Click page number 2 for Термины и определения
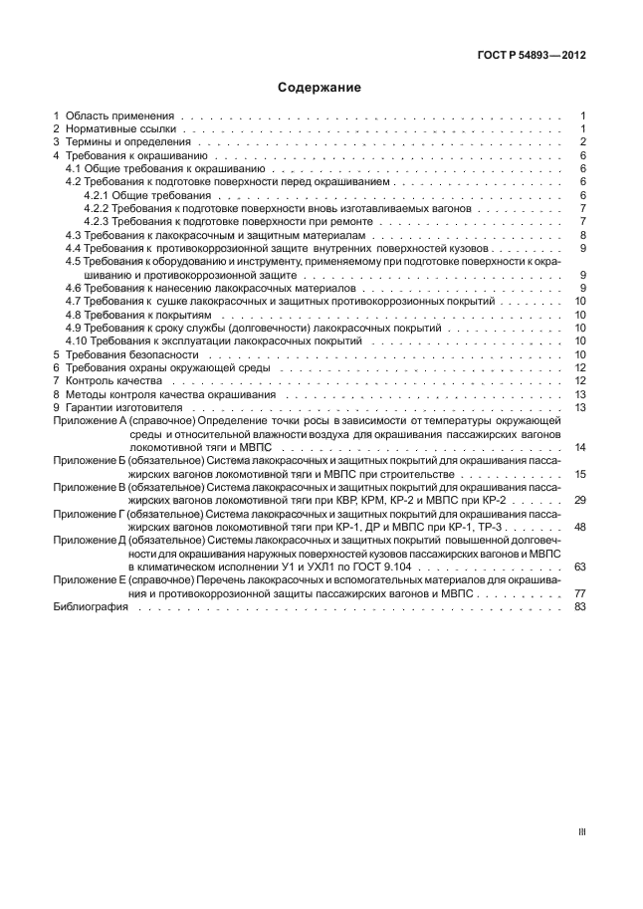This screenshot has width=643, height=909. click(x=581, y=142)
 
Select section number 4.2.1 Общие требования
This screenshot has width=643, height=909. click(x=98, y=196)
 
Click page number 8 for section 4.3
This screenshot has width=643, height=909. click(x=581, y=235)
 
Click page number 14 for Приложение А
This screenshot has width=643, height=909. click(x=579, y=447)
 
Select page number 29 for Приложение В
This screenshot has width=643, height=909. click(x=579, y=500)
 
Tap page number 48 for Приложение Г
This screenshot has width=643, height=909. click(x=579, y=527)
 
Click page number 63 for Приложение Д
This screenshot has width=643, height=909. click(x=579, y=567)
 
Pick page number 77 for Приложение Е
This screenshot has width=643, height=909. click(x=579, y=593)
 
